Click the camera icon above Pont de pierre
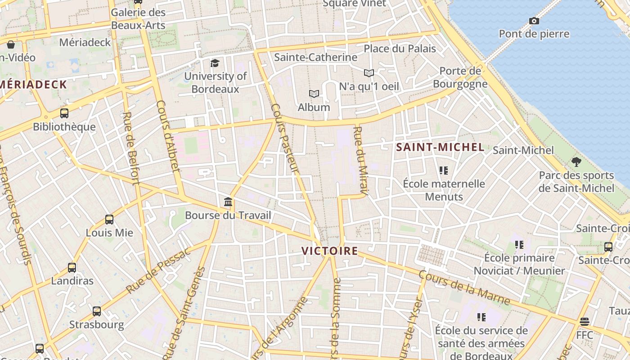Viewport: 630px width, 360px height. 534,21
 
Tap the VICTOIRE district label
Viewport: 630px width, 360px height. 329,251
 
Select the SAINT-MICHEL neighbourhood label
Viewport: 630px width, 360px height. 440,147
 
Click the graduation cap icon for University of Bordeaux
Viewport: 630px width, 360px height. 215,63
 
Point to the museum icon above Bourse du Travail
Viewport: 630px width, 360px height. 228,202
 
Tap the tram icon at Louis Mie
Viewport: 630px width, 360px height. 109,219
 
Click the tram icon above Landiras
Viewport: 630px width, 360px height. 72,267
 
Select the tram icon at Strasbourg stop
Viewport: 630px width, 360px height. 97,311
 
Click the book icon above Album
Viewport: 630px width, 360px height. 314,94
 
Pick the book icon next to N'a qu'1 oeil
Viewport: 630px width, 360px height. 369,72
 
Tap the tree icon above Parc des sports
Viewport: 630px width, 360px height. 576,162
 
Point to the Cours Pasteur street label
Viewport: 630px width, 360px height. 285,138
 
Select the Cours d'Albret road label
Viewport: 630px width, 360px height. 168,136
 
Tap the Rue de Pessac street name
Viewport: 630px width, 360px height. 158,271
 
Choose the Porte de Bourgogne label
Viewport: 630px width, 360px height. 460,77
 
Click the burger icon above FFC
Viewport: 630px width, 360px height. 585,321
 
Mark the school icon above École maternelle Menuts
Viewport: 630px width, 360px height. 444,170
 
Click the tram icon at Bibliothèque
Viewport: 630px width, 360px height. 64,113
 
